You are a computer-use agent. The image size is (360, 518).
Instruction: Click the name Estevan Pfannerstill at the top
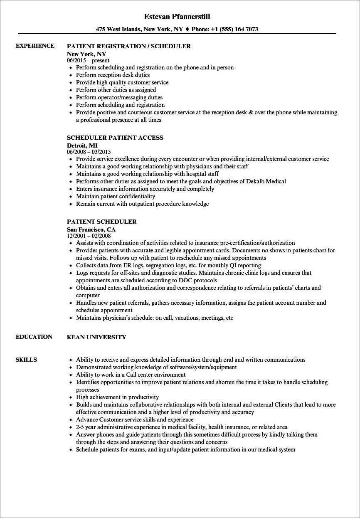(177, 17)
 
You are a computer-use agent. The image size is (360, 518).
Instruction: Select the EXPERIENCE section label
(35, 46)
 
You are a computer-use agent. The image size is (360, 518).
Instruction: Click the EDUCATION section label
(34, 337)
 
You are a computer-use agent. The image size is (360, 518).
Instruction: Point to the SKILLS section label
(26, 360)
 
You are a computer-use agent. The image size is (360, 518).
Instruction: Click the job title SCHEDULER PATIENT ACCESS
(115, 138)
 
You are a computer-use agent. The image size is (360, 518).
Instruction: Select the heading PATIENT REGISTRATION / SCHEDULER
(129, 46)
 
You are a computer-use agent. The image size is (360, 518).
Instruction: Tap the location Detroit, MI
(82, 145)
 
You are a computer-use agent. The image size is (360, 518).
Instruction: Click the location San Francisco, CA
(91, 229)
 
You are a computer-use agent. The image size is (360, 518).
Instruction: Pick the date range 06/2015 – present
(88, 60)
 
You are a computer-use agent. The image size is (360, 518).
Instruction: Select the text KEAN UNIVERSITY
(96, 337)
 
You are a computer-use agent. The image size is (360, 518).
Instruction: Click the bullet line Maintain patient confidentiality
(116, 196)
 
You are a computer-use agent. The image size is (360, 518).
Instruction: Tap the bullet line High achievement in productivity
(117, 397)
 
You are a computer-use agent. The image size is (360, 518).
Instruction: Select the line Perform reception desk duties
(113, 75)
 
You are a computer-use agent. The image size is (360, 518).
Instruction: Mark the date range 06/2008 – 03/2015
(89, 152)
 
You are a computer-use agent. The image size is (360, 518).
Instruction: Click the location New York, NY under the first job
(86, 54)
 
